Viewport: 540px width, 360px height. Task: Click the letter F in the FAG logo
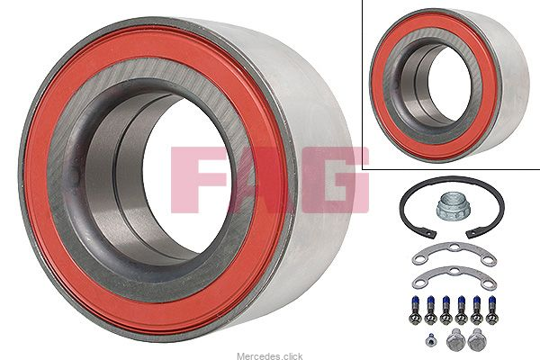click(193, 179)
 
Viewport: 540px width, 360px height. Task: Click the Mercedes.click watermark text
click(270, 355)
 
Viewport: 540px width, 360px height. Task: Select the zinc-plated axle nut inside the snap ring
click(450, 206)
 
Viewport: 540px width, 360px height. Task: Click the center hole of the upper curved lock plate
click(454, 247)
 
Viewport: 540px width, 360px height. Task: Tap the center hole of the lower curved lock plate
click(454, 272)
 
